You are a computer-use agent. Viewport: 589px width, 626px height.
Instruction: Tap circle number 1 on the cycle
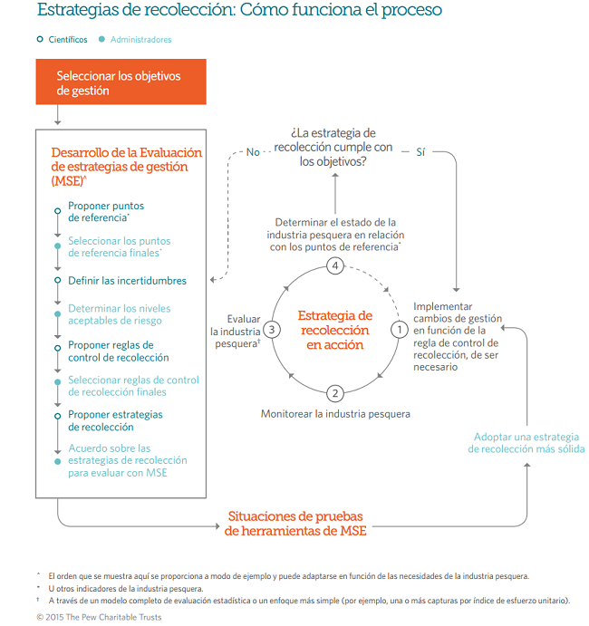point(398,330)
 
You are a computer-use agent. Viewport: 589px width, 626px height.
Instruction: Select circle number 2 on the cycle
point(335,392)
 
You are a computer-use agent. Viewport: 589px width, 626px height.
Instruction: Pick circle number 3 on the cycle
point(273,330)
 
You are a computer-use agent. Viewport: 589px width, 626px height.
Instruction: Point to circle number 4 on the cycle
point(335,266)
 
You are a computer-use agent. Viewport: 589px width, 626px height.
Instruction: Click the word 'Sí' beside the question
point(420,151)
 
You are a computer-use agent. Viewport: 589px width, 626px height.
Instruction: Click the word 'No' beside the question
point(254,151)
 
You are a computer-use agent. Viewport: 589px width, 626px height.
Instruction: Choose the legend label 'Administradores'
point(140,39)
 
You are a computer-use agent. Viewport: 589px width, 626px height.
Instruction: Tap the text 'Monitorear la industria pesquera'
point(335,414)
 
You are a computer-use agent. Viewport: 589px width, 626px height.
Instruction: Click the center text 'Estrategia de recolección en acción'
point(335,330)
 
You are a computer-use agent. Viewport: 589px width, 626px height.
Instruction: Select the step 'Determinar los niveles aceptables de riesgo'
point(120,314)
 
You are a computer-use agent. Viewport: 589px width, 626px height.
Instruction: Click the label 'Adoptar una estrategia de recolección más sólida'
point(526,443)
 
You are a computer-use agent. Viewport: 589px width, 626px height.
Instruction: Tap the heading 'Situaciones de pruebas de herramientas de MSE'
point(295,524)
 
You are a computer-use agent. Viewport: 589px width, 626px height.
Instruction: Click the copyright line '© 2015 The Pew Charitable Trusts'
point(99,617)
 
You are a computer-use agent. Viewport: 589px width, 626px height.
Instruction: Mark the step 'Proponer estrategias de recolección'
point(115,420)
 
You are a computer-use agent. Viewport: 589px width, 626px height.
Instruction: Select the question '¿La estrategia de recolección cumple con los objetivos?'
point(334,147)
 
